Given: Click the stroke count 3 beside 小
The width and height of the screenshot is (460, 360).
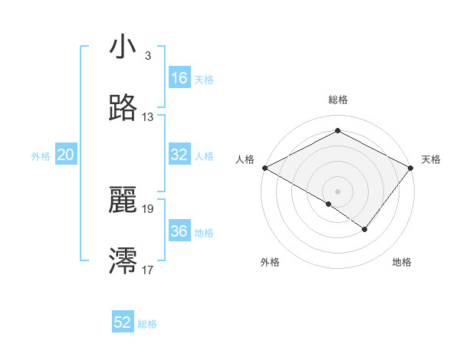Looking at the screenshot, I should (x=147, y=56).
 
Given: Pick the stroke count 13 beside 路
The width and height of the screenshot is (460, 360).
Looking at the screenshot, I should (x=148, y=117).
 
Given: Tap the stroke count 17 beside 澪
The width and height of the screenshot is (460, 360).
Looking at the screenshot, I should (x=148, y=270).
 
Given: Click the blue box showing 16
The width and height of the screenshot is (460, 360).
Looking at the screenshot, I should (x=179, y=78).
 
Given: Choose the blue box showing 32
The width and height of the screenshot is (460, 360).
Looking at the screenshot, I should (x=179, y=155).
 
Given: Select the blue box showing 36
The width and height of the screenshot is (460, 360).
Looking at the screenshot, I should (x=179, y=231).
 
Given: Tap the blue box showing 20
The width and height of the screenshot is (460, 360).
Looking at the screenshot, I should (x=65, y=155).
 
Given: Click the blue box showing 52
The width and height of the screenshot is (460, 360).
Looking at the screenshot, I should (x=123, y=322).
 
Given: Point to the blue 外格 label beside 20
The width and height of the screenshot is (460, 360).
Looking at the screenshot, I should (x=41, y=155).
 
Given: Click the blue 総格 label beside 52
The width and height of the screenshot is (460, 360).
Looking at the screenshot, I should (x=147, y=323).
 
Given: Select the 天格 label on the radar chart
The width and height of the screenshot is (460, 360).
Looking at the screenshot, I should (x=431, y=159).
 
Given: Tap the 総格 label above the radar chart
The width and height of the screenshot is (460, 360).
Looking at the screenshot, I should (x=337, y=100).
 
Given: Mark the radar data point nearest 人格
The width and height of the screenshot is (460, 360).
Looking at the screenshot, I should (x=264, y=167).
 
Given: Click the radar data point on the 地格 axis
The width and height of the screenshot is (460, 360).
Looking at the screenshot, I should (x=365, y=229).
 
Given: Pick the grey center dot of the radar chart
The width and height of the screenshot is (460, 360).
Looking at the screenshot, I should (x=337, y=191).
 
